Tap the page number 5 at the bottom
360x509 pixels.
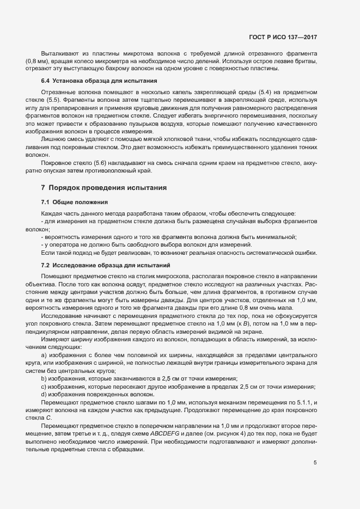[315, 462]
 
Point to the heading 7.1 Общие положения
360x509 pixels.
[68, 201]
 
